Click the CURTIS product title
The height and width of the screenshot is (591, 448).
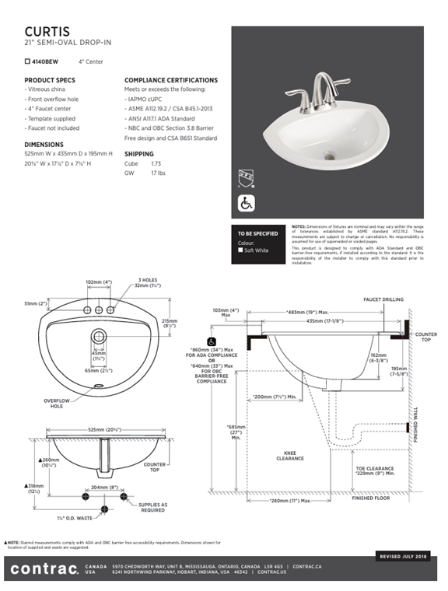[47, 30]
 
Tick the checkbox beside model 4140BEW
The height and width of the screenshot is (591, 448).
[27, 61]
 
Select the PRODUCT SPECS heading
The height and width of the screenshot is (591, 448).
[50, 80]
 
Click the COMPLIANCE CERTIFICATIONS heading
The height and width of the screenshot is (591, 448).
[171, 80]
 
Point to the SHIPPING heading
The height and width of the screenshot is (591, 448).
[139, 154]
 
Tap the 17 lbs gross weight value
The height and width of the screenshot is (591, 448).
[158, 173]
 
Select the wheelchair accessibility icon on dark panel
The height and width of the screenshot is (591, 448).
[245, 204]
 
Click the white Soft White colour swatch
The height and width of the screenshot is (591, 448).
[241, 250]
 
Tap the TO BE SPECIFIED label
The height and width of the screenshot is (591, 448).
[257, 233]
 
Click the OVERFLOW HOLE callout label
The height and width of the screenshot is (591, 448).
[57, 404]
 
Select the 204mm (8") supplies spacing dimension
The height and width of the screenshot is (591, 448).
[103, 488]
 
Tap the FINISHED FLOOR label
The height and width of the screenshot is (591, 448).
[373, 498]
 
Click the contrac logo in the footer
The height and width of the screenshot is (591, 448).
[44, 570]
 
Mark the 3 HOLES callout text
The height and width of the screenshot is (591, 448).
[149, 280]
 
